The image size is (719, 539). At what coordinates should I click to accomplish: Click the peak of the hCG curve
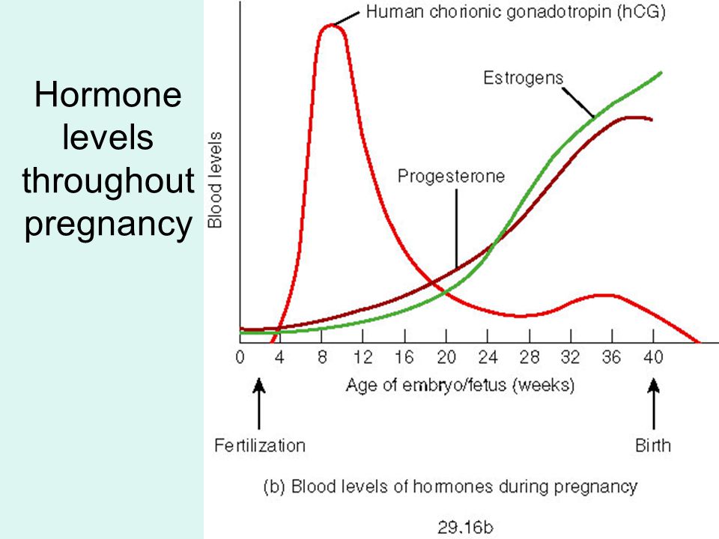331,25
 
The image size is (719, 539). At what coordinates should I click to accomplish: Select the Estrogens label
524,79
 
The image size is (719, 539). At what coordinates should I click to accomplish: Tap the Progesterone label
451,177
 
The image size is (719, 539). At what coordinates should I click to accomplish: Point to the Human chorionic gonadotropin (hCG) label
516,12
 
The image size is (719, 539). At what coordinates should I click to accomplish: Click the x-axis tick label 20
446,358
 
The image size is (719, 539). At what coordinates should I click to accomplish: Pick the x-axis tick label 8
322,358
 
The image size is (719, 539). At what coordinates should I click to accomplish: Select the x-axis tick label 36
612,358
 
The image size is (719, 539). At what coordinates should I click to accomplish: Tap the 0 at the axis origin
240,358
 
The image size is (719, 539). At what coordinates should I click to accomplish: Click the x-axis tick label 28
530,358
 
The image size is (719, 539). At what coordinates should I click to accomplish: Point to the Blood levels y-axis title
215,180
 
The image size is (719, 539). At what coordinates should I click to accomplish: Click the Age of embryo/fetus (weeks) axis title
461,386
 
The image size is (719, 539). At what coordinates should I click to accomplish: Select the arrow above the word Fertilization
259,404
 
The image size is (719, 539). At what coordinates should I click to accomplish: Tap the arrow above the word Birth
653,404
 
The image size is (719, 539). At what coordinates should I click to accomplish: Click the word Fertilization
260,445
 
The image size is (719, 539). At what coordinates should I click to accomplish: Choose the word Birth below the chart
653,445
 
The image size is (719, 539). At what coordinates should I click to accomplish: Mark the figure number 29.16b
465,528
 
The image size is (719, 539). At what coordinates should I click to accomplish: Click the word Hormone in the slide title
108,95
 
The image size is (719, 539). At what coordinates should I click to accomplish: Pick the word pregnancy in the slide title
108,225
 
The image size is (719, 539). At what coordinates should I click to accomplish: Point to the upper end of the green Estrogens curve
661,73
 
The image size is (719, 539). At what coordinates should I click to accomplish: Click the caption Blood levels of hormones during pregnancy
464,487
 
